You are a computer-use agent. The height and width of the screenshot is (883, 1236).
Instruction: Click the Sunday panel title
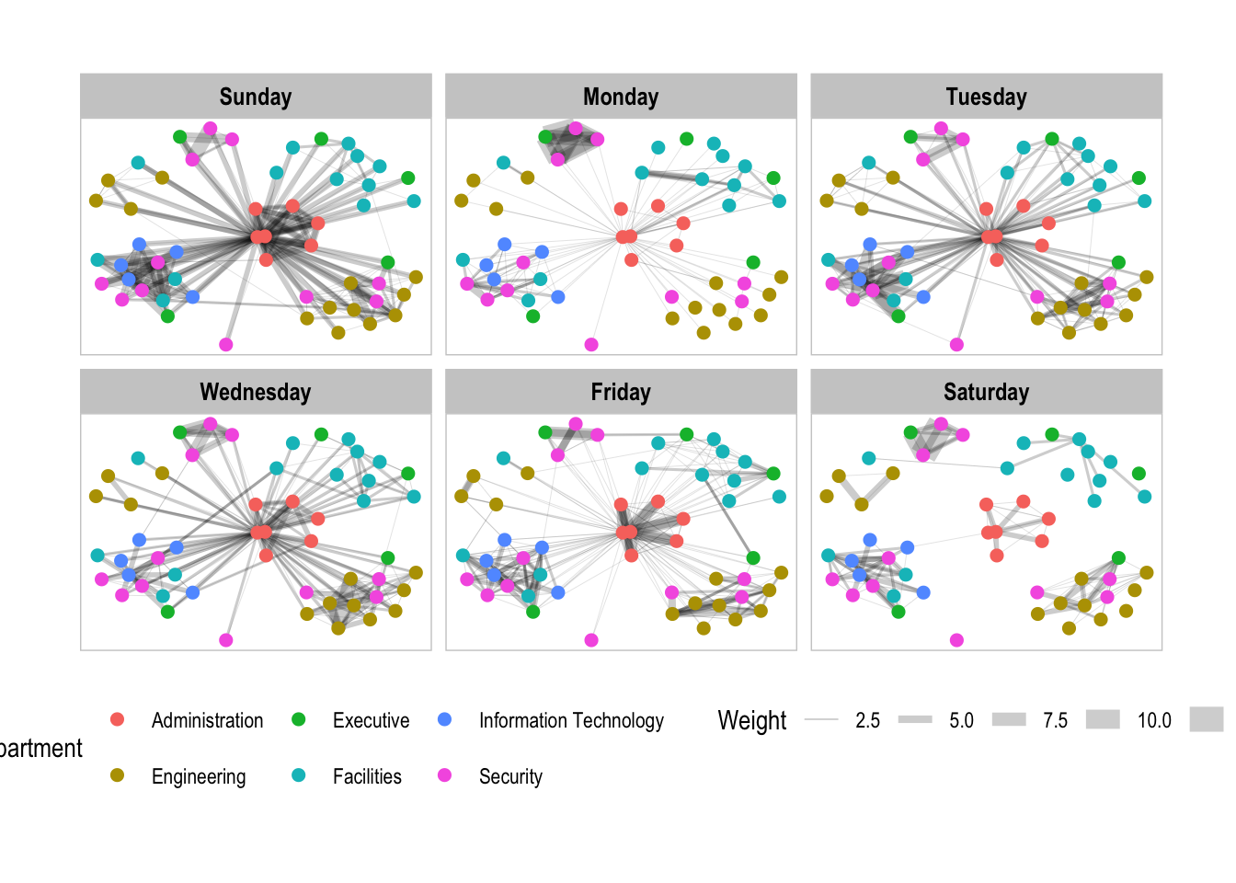tap(256, 97)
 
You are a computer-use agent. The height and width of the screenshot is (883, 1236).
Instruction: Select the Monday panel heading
tap(621, 97)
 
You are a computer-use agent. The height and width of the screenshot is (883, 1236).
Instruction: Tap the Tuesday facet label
tap(986, 97)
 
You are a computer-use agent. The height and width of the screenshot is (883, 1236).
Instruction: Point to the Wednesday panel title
tap(256, 392)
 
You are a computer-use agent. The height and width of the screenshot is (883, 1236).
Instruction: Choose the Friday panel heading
tap(621, 392)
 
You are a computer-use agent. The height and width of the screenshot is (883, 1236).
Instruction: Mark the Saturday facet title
tap(986, 392)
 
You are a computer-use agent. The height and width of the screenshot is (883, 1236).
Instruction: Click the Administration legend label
tap(207, 720)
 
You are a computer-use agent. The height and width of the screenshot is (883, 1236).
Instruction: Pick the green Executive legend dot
tap(298, 719)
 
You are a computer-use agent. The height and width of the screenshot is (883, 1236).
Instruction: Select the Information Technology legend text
tap(571, 720)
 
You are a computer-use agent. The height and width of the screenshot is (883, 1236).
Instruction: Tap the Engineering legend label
tap(199, 776)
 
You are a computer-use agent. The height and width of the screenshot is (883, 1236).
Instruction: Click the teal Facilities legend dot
tap(298, 775)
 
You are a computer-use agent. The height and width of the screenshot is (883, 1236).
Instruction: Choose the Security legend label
tap(510, 776)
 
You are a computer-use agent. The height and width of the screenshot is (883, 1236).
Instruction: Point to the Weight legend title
tap(752, 720)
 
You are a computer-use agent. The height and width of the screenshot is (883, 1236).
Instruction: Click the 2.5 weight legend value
tap(867, 720)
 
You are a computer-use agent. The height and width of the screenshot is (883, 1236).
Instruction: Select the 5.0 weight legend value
tap(961, 720)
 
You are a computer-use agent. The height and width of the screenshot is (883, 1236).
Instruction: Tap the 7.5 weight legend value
tap(1055, 720)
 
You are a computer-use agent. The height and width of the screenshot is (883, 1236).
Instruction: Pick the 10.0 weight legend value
tap(1154, 720)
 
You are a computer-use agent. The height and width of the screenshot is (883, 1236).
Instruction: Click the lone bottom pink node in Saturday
tap(956, 640)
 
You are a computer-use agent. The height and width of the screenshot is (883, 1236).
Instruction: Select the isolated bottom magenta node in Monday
tap(591, 345)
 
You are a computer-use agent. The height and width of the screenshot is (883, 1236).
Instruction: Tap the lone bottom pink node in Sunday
tap(226, 345)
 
